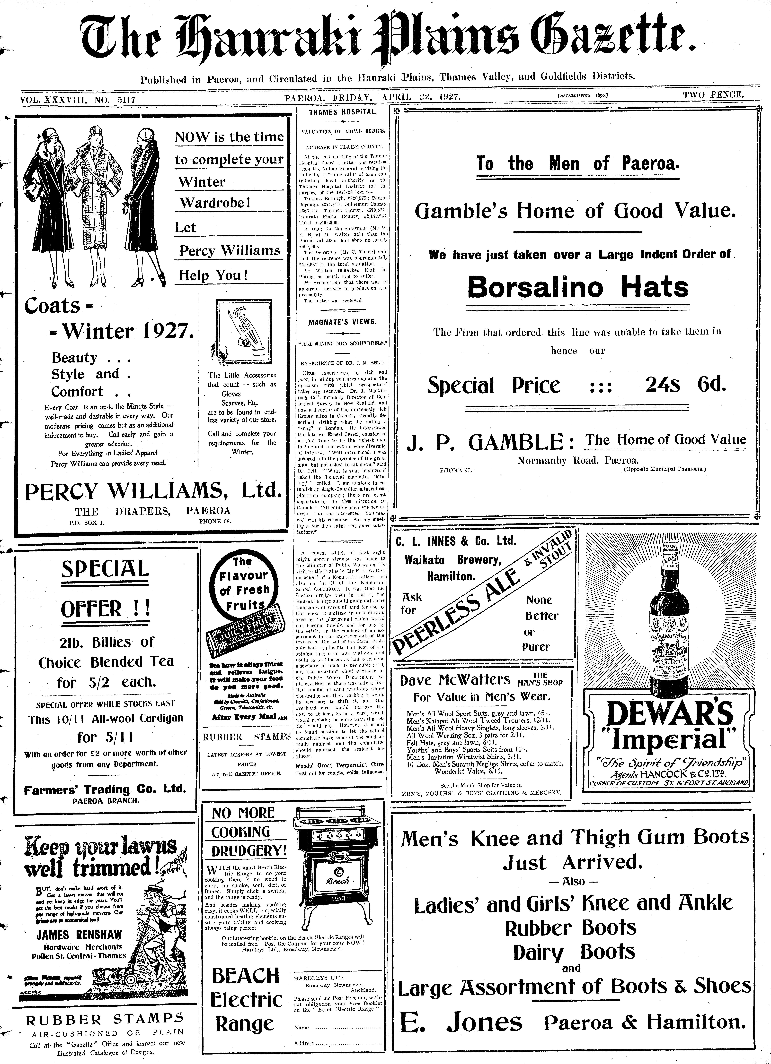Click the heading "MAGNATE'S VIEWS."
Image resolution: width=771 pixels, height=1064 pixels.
[x=343, y=322]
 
